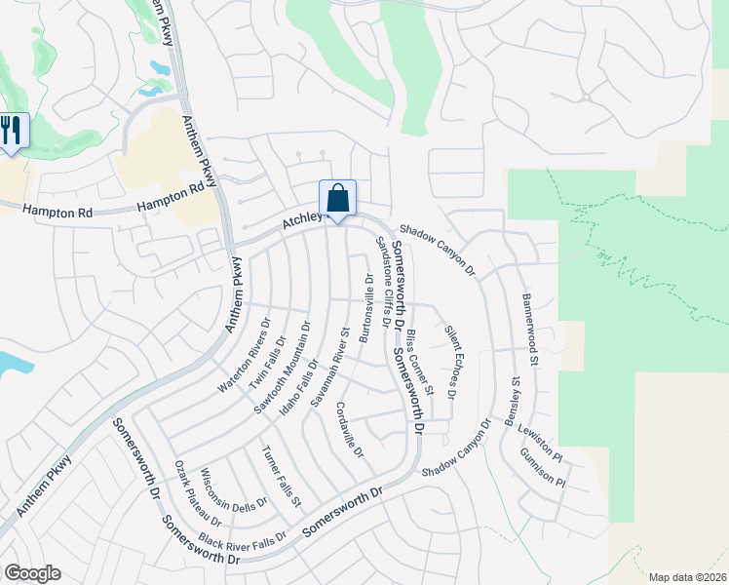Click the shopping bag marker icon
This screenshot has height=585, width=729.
coord(337,199)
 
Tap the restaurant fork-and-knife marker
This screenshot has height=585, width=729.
coord(11,131)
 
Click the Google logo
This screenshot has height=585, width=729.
coord(32,573)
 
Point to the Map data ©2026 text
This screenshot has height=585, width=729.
coord(687,577)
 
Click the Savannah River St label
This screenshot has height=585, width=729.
coord(329,371)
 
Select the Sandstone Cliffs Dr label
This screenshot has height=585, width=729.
coord(383,281)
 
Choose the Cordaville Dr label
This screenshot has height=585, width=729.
coord(349,430)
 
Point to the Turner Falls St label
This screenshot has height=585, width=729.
coord(282,475)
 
